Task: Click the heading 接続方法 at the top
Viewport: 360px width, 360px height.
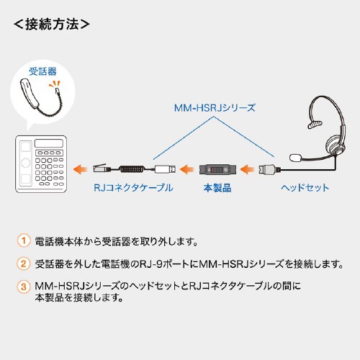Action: point(52,24)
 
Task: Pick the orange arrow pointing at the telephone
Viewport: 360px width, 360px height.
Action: point(81,169)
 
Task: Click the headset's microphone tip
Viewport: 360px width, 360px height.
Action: point(296,156)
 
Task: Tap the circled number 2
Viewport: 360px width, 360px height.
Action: point(24,264)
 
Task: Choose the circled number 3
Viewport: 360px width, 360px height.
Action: point(24,286)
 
